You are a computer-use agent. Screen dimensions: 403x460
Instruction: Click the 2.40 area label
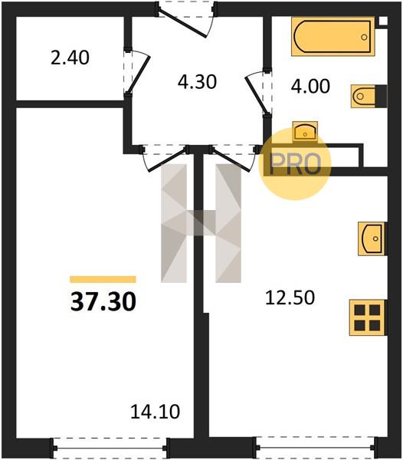point(70,58)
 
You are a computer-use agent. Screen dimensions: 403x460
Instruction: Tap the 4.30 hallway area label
point(197,82)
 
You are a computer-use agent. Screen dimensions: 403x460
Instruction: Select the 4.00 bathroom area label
point(310,86)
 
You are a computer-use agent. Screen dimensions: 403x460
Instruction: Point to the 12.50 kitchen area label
point(290,297)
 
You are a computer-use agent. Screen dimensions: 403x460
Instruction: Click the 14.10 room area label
point(155,411)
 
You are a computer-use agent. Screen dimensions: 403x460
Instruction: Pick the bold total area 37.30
point(103,302)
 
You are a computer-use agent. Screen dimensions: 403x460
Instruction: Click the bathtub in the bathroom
point(333,36)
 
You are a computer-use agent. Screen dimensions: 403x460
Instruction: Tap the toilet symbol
point(369,96)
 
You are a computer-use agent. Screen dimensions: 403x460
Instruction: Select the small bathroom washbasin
point(305,131)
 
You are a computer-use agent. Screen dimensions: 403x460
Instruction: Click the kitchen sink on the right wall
point(372,238)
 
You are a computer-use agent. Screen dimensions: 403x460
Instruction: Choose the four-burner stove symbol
point(367,317)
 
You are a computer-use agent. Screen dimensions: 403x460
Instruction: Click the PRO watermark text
point(295,164)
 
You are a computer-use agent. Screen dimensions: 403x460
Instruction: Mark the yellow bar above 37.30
point(103,279)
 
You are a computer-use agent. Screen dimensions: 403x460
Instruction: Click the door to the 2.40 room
point(138,72)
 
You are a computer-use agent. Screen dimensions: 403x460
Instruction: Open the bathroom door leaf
point(256,94)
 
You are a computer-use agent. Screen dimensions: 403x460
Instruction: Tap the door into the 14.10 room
point(165,159)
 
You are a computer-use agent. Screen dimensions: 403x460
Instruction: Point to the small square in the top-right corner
point(383,21)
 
